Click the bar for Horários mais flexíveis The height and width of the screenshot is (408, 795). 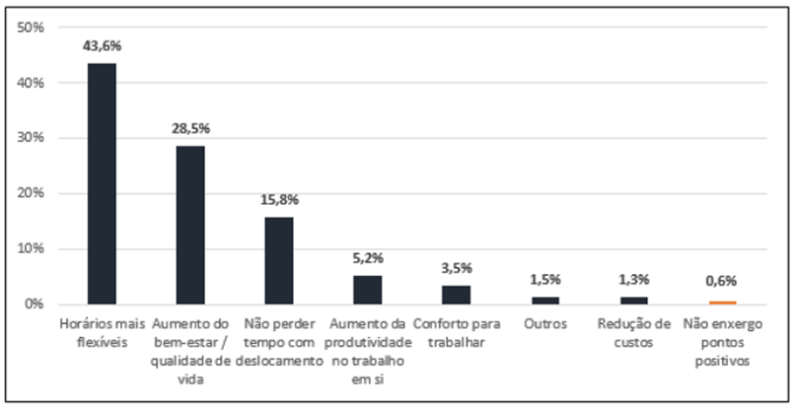click(103, 183)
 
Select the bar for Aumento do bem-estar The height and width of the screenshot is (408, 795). click(191, 225)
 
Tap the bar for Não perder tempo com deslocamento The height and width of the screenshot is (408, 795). click(279, 260)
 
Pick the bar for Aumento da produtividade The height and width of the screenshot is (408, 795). click(368, 290)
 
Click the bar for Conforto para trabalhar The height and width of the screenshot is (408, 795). click(456, 295)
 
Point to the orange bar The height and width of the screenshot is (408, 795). click(722, 303)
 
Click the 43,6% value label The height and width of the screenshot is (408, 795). click(103, 45)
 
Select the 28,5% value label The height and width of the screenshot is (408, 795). click(191, 129)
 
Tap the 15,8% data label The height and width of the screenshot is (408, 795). click(279, 200)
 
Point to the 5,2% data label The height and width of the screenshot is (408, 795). click(368, 258)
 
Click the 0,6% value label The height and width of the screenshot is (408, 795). click(722, 282)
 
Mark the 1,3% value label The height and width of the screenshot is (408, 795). click(633, 279)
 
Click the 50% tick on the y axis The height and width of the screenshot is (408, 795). click(33, 28)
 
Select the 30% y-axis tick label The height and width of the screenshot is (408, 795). click(33, 138)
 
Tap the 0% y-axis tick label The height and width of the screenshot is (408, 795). click(36, 304)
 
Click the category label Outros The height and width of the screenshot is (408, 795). click(544, 323)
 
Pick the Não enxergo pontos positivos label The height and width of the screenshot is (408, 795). click(722, 341)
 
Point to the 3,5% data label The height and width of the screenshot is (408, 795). click(456, 267)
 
